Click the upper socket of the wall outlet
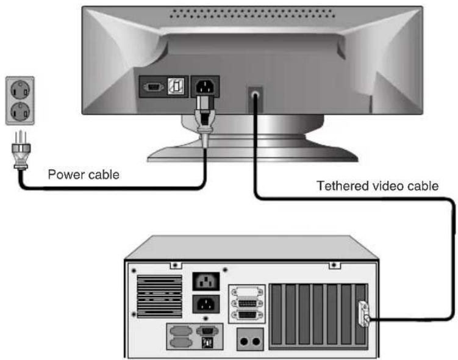point(20,90)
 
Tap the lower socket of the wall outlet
point(20,112)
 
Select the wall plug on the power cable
point(21,150)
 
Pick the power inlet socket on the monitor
point(205,87)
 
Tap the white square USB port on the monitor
point(176,87)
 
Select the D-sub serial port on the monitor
point(153,87)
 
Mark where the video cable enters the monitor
point(256,95)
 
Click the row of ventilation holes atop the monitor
point(252,13)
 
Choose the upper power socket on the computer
point(206,281)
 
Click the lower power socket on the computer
point(206,304)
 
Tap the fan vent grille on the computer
point(160,297)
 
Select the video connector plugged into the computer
point(364,314)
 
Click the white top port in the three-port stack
point(247,292)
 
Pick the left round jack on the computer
point(244,341)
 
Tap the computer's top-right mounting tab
point(335,265)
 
